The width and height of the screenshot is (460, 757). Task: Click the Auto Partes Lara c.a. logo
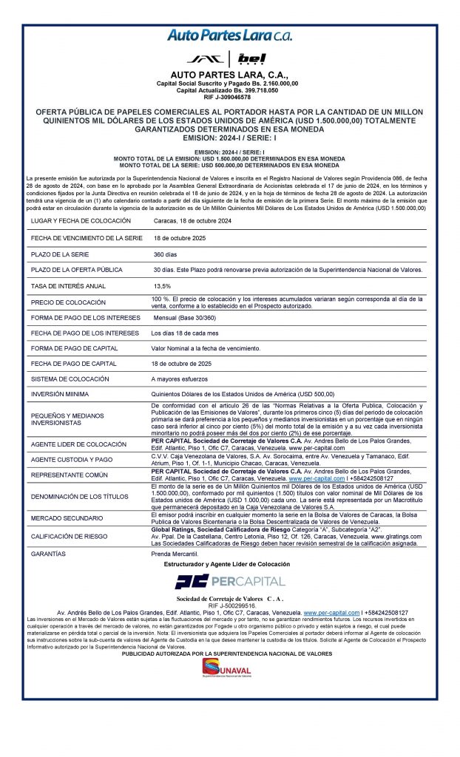click(229, 35)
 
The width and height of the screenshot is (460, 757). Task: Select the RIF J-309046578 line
click(229, 96)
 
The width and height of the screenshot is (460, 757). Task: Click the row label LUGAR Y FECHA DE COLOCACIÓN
click(81, 221)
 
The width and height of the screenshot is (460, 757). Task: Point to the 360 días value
click(166, 253)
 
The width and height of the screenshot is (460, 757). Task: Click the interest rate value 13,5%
click(161, 285)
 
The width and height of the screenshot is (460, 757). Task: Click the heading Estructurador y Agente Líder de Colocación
click(229, 564)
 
